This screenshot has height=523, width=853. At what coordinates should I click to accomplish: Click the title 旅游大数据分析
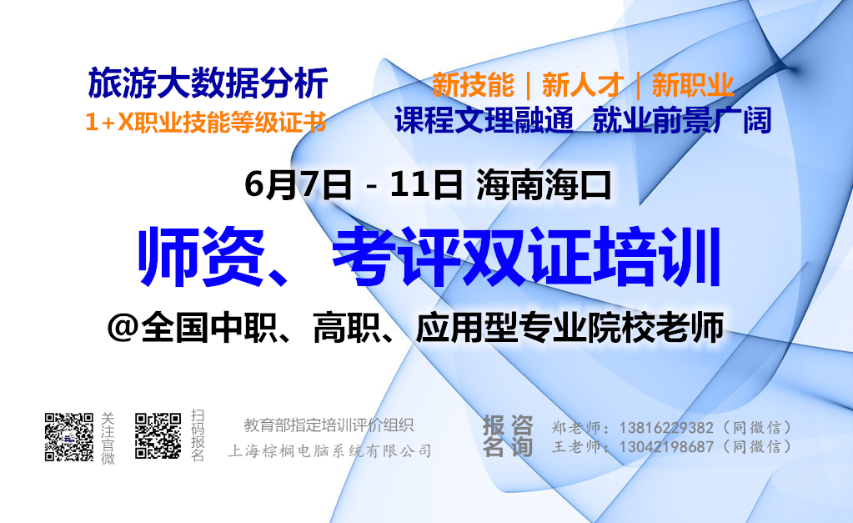[x=208, y=83]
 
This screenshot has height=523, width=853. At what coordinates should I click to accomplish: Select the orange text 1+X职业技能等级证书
[x=206, y=122]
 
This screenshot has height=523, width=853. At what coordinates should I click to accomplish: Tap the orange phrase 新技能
[x=473, y=85]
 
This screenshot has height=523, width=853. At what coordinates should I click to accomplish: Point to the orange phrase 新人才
[x=583, y=85]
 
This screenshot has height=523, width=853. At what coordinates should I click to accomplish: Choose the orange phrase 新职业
[x=693, y=85]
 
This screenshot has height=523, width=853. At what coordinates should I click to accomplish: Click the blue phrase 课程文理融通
[x=484, y=120]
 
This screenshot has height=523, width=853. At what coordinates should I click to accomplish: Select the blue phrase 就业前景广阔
[x=682, y=120]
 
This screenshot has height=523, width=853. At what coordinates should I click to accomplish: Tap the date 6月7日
[x=299, y=184]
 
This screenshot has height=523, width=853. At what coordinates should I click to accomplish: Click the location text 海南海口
[x=544, y=184]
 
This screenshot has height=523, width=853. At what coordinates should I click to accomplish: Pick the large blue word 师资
[x=201, y=257]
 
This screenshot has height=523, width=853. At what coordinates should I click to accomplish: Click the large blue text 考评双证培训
[x=527, y=257]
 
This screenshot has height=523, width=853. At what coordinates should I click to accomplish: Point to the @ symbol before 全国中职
[x=123, y=327]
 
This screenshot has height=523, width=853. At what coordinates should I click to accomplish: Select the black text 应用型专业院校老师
[x=569, y=326]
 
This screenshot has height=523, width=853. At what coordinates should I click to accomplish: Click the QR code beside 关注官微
[x=69, y=437]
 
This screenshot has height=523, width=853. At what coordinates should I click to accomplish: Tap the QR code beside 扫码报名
[x=158, y=436]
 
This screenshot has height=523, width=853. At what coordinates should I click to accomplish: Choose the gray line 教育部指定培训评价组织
[x=329, y=425]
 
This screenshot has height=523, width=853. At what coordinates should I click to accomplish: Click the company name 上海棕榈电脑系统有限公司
[x=329, y=450]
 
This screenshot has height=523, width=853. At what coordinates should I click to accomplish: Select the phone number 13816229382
[x=666, y=427]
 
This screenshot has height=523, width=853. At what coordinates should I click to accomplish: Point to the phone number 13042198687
[x=666, y=447]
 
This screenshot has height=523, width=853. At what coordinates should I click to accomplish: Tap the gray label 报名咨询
[x=508, y=436]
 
